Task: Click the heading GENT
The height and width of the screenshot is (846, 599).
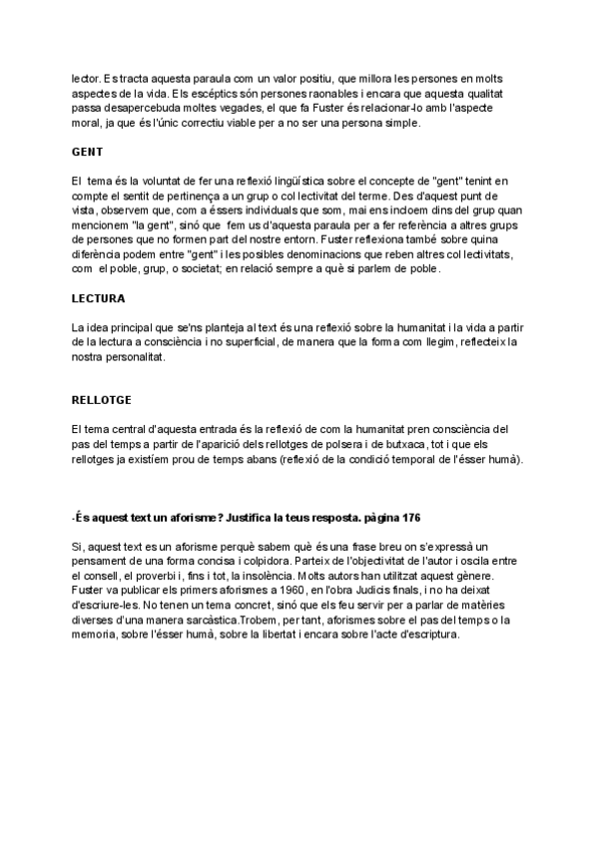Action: point(87,152)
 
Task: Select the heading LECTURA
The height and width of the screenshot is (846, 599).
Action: point(98,298)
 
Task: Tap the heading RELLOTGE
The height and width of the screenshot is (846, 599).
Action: point(101,400)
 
